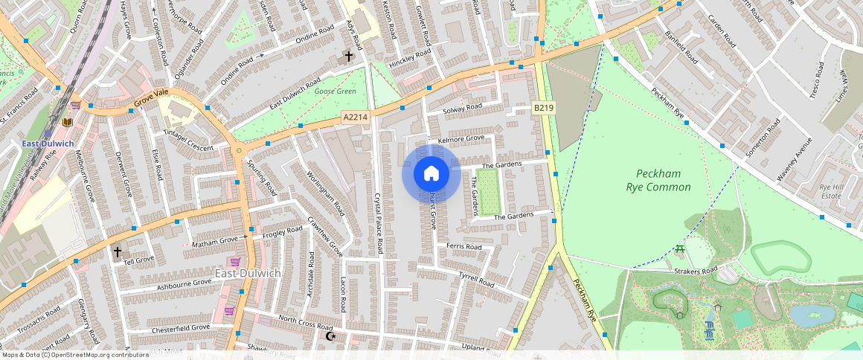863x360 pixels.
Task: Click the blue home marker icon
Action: [431, 174]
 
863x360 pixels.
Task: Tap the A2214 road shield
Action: [354, 118]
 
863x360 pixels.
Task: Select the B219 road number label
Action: [543, 109]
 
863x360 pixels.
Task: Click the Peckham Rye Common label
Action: [658, 180]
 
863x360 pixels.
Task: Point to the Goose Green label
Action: [335, 91]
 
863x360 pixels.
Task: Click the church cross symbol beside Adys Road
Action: [348, 56]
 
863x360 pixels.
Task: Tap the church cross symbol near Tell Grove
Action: [117, 252]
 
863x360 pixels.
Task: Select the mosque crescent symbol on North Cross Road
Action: [331, 336]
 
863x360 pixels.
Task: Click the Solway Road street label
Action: [463, 109]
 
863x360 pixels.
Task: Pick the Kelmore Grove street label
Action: [461, 138]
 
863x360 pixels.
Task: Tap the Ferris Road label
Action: [464, 246]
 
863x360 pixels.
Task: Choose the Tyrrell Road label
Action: [477, 280]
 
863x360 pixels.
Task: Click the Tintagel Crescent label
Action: [188, 139]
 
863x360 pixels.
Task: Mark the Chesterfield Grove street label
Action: [181, 328]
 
